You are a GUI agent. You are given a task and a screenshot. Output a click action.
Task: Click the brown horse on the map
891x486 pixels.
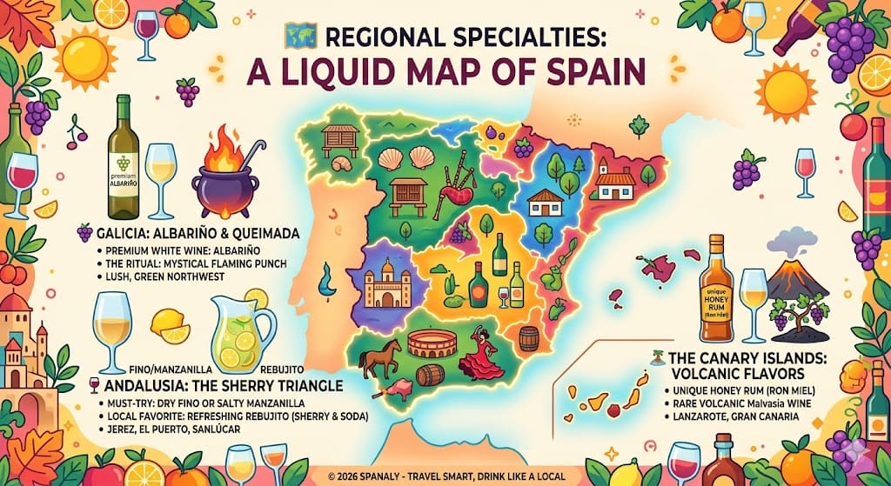pyautogui.click(x=380, y=356)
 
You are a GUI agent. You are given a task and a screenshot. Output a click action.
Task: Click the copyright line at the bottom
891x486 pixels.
pyautogui.click(x=445, y=476)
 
